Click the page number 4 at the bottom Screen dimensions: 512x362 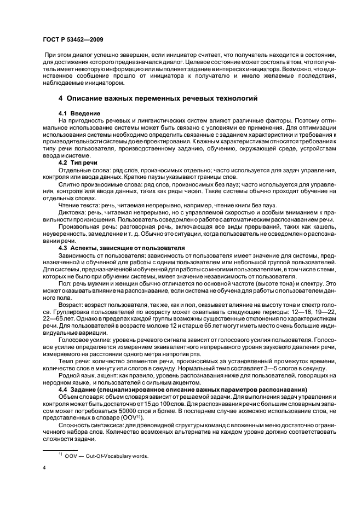click(x=44, y=468)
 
